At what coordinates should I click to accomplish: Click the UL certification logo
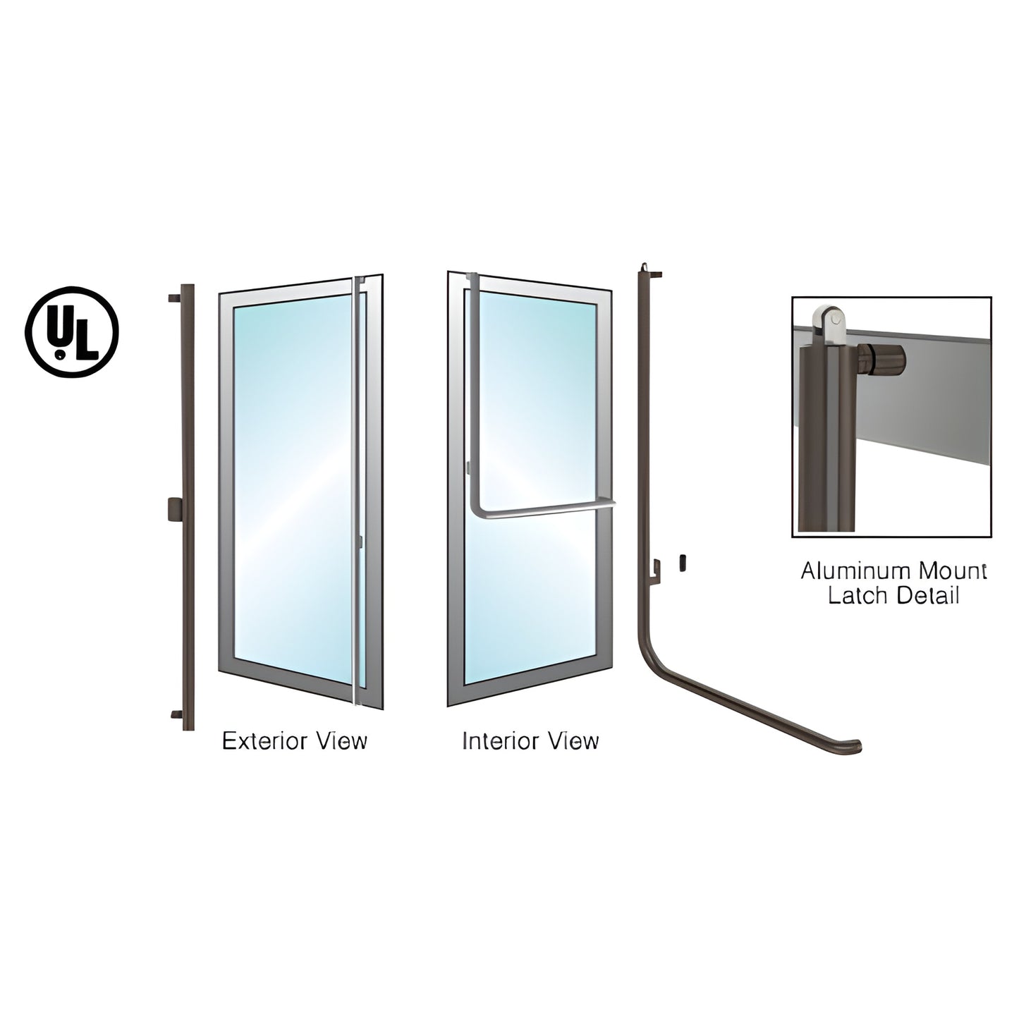[x=72, y=332]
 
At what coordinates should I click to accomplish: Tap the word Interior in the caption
[x=500, y=741]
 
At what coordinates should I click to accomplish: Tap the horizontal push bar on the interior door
[x=544, y=511]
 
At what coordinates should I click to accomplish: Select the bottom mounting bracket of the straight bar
[x=176, y=715]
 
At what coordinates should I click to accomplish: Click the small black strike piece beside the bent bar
[x=682, y=562]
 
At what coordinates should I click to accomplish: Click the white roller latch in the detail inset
[x=829, y=323]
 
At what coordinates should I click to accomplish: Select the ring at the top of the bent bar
[x=645, y=267]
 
